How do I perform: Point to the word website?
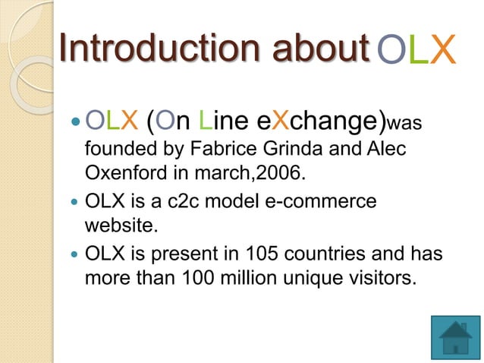[116, 226]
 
